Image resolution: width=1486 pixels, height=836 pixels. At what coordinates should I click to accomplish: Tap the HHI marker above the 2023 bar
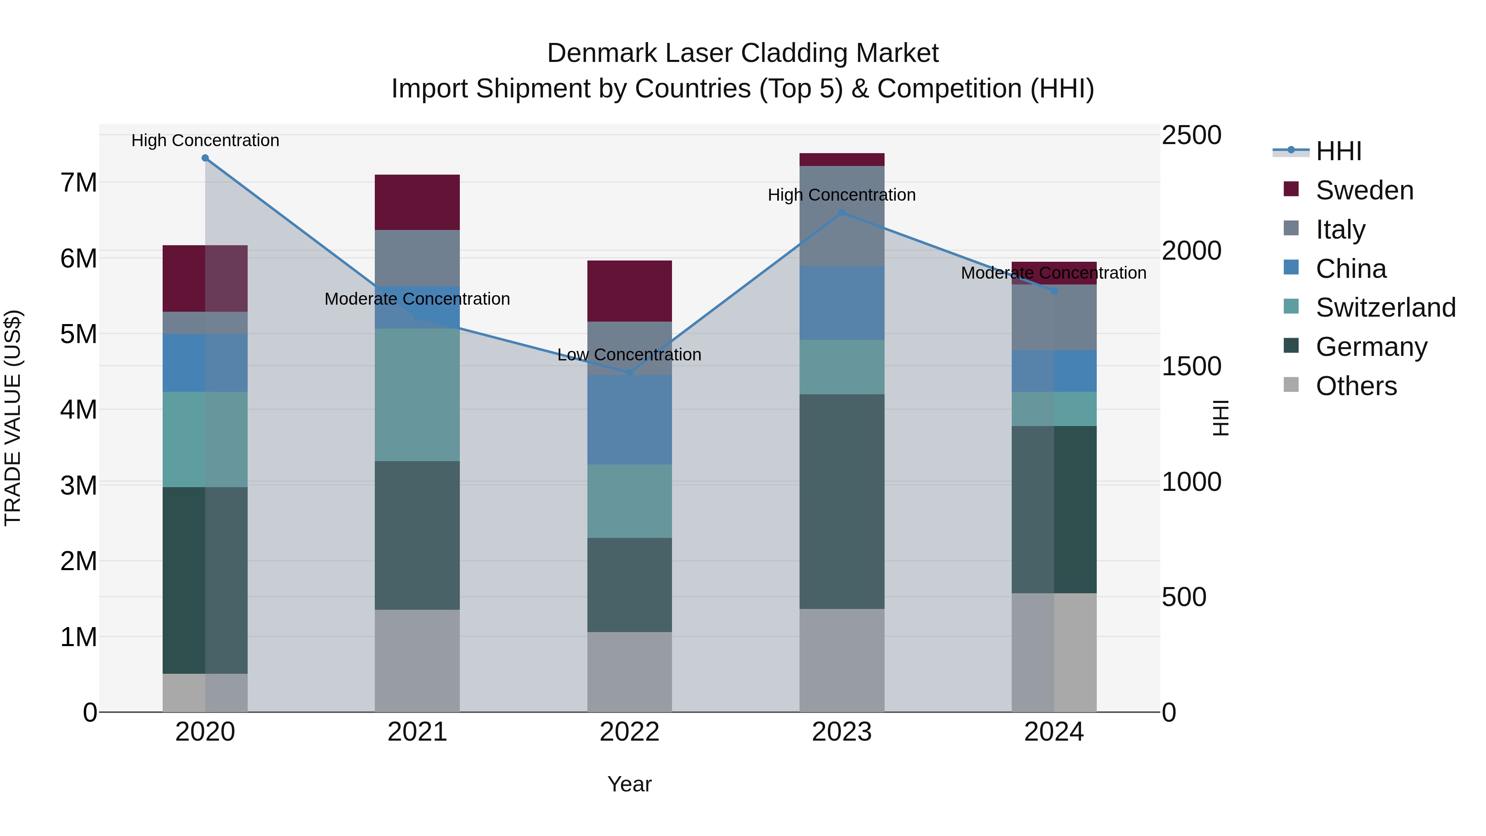point(842,213)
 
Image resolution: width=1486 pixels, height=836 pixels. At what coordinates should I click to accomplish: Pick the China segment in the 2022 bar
point(629,419)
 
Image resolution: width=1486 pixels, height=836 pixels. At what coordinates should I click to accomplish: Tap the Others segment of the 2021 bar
point(417,661)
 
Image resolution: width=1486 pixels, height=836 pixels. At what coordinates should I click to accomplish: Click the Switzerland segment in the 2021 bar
point(417,395)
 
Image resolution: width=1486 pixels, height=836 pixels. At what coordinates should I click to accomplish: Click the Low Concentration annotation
point(629,354)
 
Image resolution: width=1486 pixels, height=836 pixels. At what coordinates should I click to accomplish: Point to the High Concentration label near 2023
point(842,195)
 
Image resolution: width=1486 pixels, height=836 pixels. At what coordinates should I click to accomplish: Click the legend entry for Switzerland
point(1385,308)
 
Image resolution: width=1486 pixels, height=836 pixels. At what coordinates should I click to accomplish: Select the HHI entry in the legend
point(1338,151)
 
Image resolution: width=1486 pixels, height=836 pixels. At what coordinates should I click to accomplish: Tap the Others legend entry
point(1356,386)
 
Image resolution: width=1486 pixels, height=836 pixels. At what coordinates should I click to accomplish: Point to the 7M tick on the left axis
point(78,183)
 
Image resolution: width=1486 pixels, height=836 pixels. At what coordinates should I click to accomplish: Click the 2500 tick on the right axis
point(1190,135)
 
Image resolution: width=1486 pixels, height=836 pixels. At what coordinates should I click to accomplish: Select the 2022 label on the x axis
point(629,732)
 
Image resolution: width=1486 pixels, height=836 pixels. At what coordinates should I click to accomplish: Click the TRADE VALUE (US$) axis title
point(13,418)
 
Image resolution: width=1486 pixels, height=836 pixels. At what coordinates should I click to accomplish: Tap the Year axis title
point(629,784)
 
